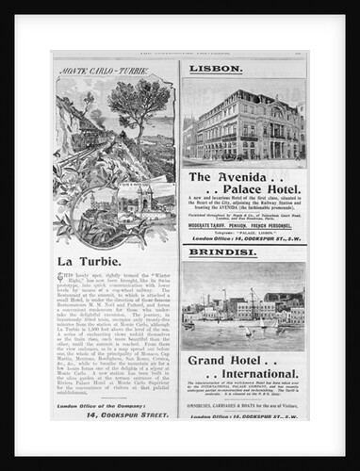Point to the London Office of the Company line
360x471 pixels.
[x=105, y=404]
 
